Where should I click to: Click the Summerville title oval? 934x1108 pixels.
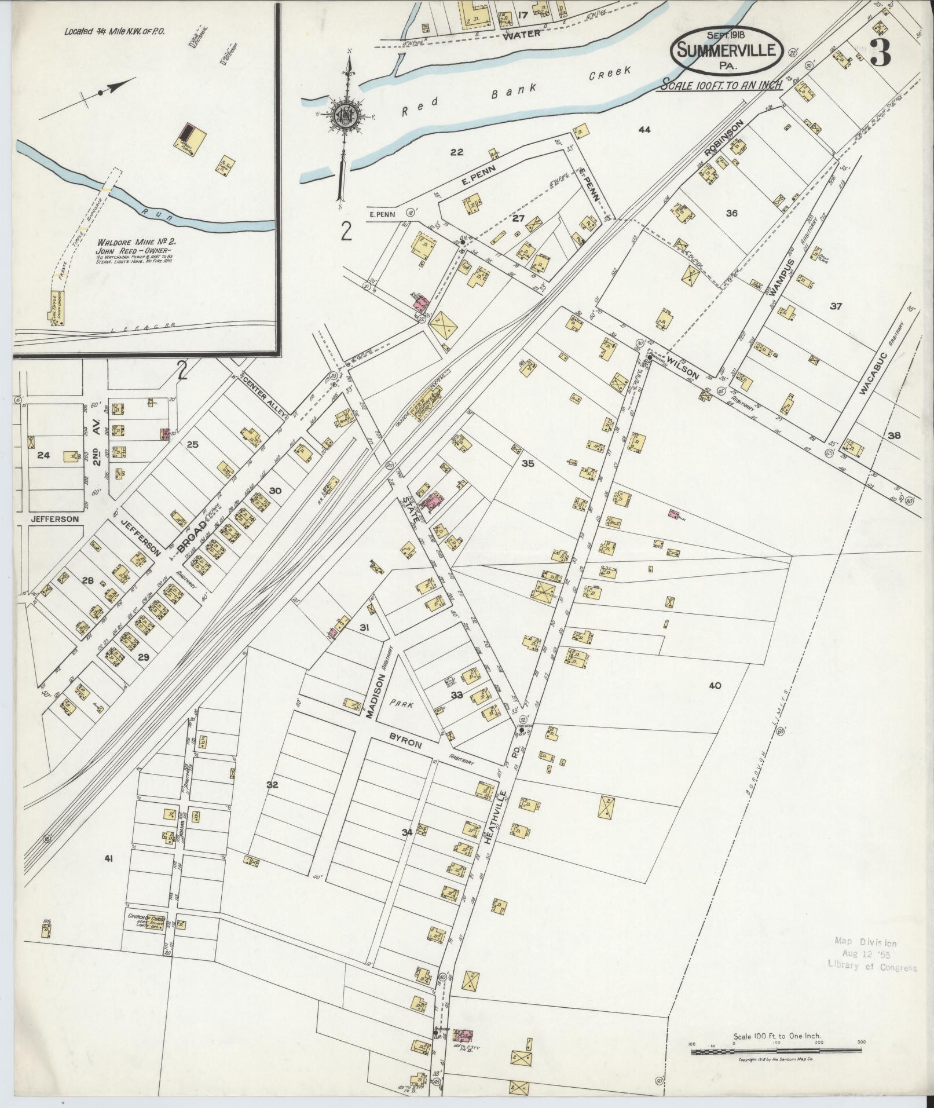click(x=727, y=50)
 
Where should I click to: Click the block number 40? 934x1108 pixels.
click(x=715, y=685)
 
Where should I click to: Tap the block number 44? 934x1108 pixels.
click(x=644, y=130)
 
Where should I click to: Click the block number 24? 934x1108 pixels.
click(x=43, y=455)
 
